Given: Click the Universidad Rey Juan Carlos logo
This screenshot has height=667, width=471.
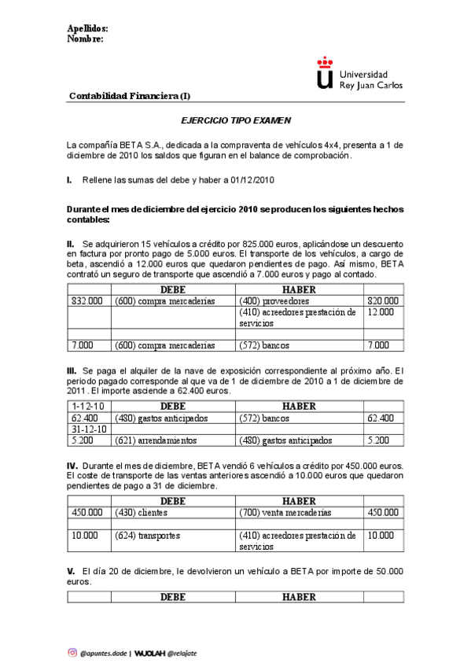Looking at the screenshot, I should [x=358, y=72].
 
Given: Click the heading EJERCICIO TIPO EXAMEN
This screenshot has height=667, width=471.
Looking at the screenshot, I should [x=236, y=121].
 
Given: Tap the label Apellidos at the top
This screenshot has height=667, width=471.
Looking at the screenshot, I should [x=87, y=29].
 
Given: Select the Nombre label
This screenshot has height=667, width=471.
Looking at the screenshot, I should [x=85, y=39].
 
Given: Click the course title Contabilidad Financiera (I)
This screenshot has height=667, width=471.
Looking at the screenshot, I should [x=129, y=96].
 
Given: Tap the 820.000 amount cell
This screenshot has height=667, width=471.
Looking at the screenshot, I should [x=383, y=301].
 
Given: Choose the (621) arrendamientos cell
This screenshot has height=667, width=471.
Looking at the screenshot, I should [x=156, y=440].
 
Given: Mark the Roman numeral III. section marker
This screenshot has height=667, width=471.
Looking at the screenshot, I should [x=72, y=370].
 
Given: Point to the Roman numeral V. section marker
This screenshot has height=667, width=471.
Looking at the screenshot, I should [x=71, y=570].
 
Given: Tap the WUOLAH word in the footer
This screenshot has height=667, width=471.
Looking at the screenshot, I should [x=149, y=652].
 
